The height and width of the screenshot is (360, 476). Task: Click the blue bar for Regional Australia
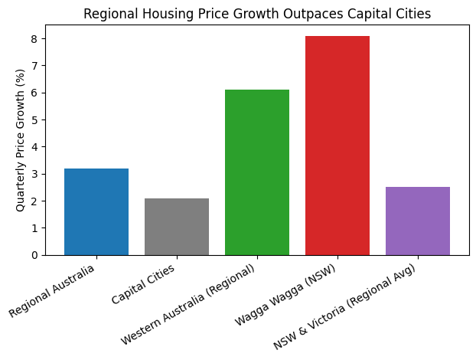(x=96, y=211)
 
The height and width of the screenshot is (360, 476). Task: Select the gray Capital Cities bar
(x=177, y=227)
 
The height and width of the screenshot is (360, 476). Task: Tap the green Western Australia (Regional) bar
(x=257, y=172)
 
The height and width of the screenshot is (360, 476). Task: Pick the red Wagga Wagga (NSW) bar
(x=337, y=146)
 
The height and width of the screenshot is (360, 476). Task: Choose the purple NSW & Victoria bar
(x=418, y=221)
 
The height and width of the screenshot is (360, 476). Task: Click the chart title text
(x=257, y=14)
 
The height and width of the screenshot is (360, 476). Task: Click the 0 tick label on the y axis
(x=34, y=255)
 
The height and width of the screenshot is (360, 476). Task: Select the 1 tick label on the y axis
(x=34, y=228)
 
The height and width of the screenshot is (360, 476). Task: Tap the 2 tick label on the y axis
(x=34, y=201)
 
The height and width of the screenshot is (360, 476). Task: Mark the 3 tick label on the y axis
(x=34, y=174)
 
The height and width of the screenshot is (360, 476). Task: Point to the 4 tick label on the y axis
(x=34, y=147)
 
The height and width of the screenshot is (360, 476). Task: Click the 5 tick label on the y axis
(x=34, y=120)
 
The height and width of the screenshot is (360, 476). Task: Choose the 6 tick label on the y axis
(x=34, y=93)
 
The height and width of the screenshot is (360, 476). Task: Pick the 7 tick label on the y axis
(x=34, y=66)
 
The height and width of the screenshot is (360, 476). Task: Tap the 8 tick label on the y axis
(x=34, y=39)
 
